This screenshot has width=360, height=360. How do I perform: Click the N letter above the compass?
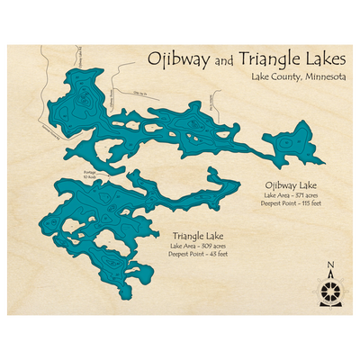[x=330, y=264]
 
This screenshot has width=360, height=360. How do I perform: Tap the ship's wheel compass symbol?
[x=330, y=289]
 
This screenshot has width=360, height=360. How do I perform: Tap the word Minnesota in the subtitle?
[x=319, y=79]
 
